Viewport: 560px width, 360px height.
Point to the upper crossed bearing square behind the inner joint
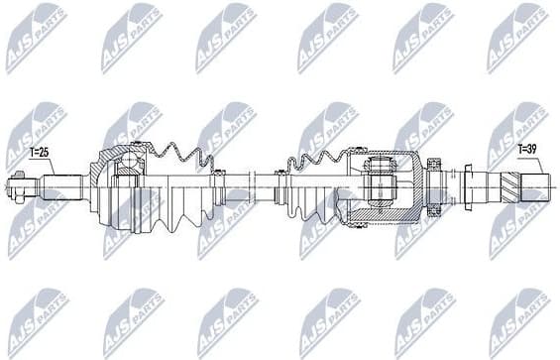coord(434,170)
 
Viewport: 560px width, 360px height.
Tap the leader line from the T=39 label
coord(518,162)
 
